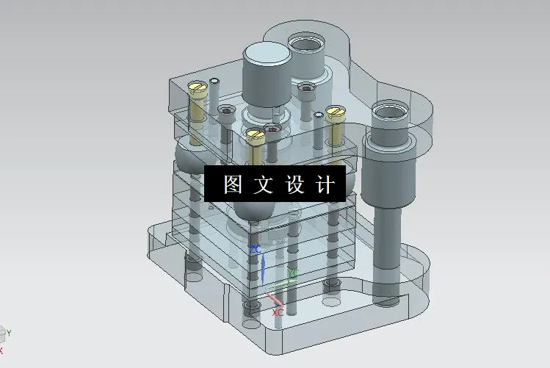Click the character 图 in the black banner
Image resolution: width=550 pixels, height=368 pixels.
tap(233, 184)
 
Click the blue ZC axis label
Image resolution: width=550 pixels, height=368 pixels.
tap(256, 250)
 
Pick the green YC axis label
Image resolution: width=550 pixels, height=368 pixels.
tap(292, 273)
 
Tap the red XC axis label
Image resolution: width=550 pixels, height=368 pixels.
tap(278, 312)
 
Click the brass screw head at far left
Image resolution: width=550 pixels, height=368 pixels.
tap(198, 87)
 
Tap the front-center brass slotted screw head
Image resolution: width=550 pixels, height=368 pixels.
tap(256, 134)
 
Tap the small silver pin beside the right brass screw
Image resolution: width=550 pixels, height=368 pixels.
tap(319, 115)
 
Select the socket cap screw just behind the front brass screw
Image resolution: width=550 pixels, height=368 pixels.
tap(272, 130)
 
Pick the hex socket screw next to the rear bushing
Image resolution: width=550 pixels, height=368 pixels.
tap(305, 87)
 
